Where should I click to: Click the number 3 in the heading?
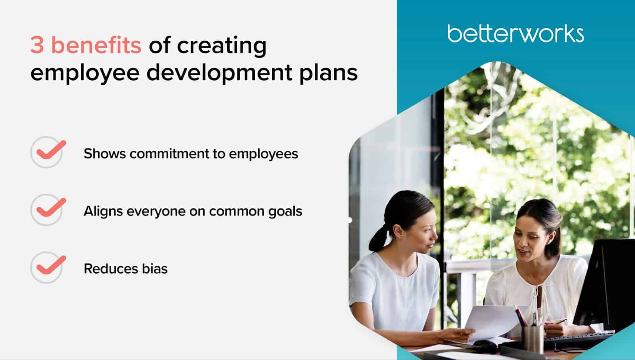37,45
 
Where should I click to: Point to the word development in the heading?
219,73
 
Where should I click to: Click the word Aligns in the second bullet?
103,212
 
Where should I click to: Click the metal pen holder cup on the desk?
533,338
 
